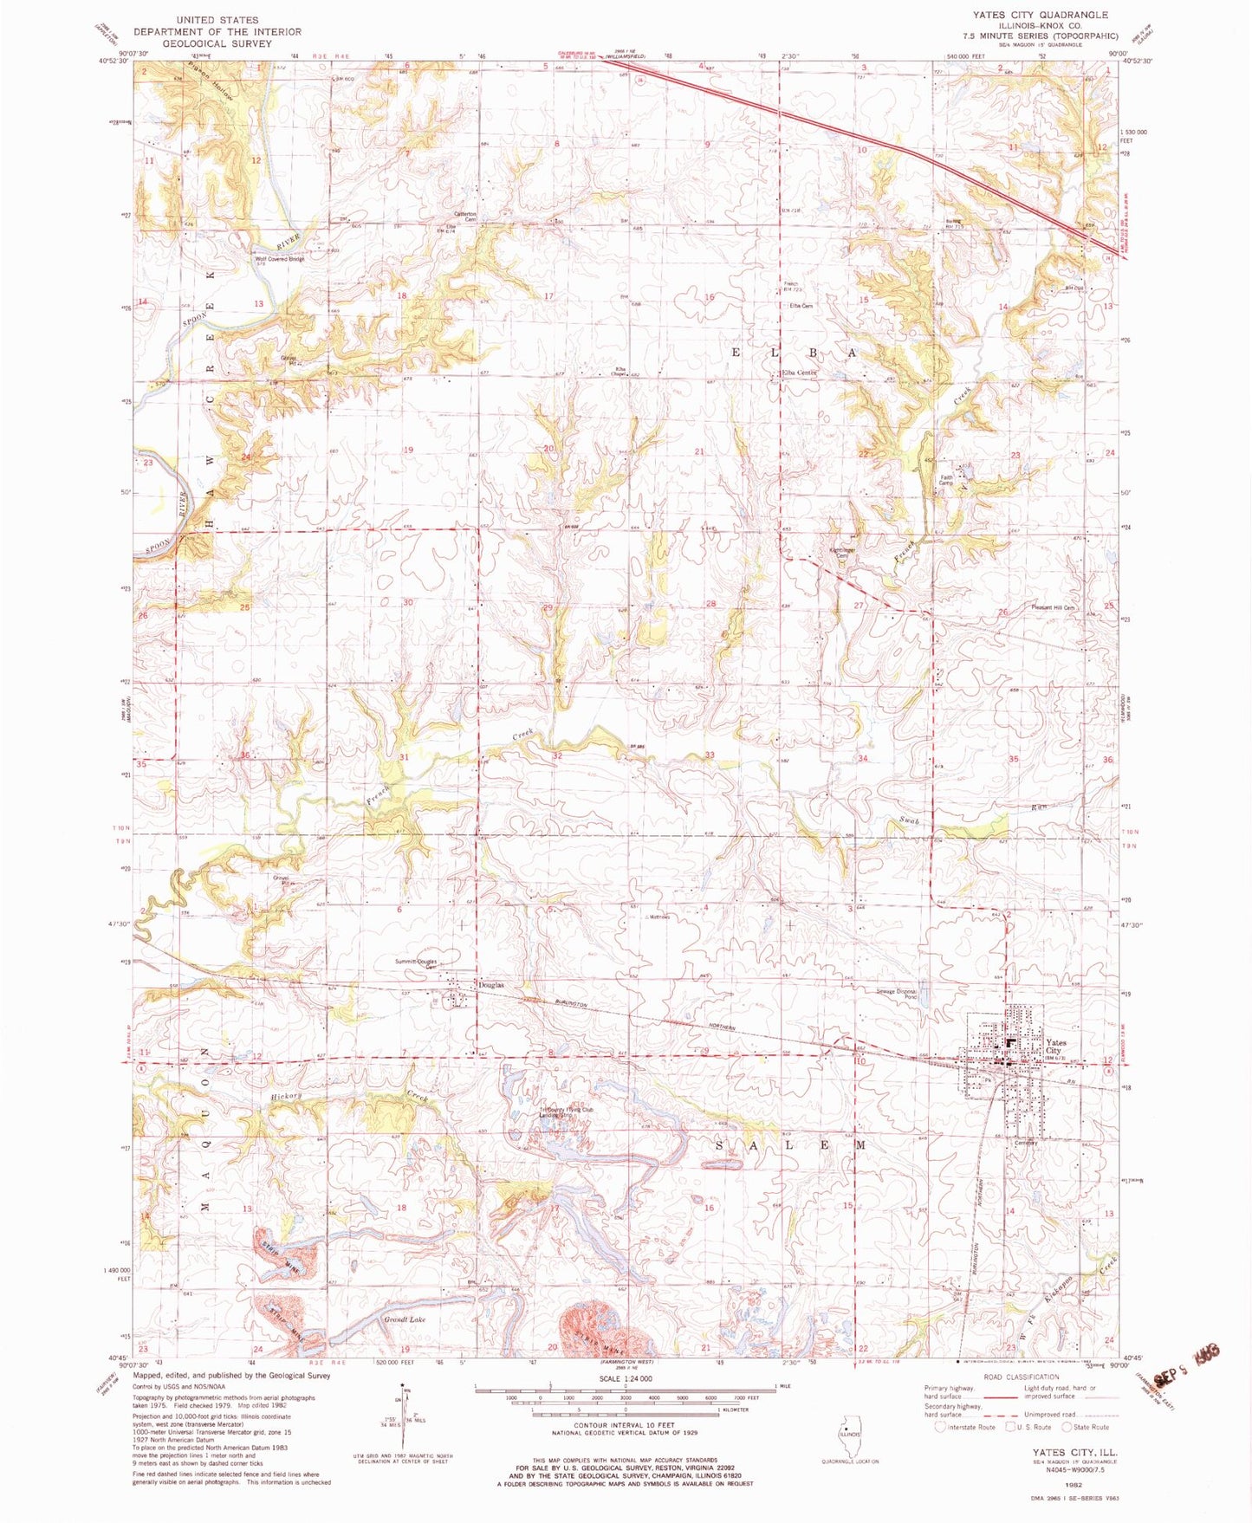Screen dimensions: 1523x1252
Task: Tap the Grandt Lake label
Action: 405,1319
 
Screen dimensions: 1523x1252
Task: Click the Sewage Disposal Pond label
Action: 896,995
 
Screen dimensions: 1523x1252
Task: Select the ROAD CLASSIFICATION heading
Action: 1021,1377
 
